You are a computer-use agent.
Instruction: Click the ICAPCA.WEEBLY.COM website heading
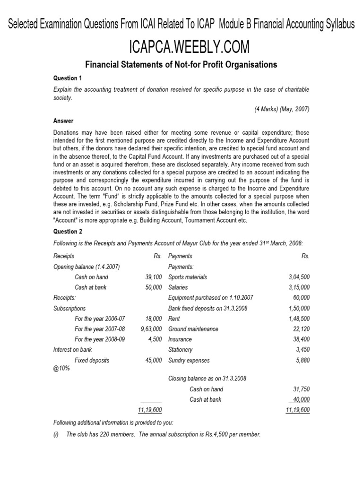181,47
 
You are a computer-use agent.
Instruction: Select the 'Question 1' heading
67,78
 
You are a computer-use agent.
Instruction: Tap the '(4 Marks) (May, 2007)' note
282,108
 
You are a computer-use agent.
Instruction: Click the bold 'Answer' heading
63,121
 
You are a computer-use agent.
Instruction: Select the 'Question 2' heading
67,231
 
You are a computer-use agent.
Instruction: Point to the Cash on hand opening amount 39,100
154,277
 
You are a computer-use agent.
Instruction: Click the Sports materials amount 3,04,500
299,277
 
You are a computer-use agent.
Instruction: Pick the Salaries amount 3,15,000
299,287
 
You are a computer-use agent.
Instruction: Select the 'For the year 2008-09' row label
100,339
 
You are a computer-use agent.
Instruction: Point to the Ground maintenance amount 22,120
301,329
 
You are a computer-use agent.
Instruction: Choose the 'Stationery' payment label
181,350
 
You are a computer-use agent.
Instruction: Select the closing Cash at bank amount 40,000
301,399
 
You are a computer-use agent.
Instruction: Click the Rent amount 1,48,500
299,319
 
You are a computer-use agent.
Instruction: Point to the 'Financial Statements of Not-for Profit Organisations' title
181,64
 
